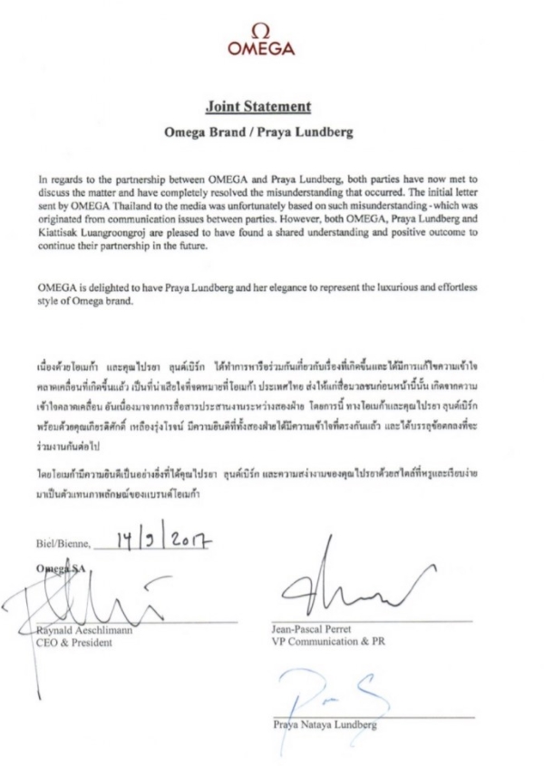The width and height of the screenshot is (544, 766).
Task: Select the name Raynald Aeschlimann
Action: coord(87,631)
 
